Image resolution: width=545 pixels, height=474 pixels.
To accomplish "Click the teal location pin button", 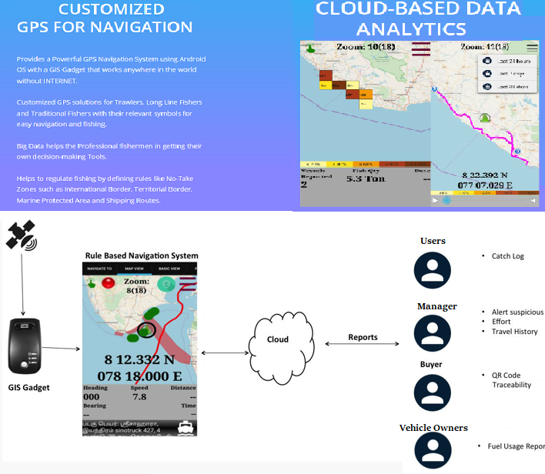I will pos(165,284).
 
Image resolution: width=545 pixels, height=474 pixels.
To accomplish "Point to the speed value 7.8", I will pos(139,396).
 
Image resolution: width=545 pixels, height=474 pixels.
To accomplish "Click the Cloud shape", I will pos(278,339).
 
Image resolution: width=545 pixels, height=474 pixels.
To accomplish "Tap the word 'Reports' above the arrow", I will pos(363,337).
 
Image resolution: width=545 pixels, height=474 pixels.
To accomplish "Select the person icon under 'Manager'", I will pos(432,332).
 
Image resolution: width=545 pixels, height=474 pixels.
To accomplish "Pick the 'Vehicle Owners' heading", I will pos(433,428).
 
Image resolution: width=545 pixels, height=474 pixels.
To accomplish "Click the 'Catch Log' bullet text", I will pos(507,255).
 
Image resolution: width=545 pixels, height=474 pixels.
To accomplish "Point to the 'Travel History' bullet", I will pos(514,332).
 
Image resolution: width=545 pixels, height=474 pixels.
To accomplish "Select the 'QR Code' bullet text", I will pos(507,375).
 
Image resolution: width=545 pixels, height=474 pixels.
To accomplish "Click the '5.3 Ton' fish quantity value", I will pos(365,179).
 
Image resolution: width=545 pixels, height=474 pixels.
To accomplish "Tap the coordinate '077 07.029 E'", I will pos(485,185).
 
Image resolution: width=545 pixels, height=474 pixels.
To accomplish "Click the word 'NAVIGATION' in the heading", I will pos(149,27).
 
